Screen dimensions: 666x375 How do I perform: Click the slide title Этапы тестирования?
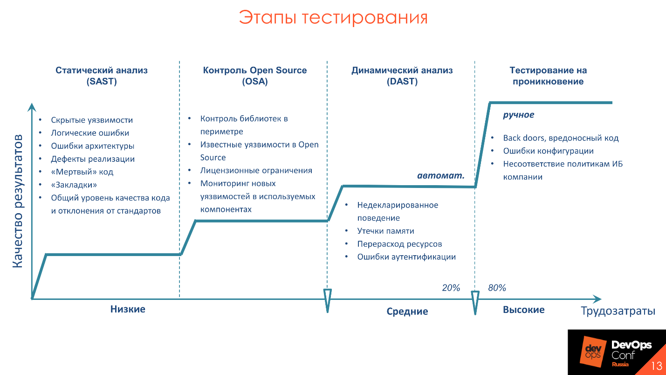coord(333,18)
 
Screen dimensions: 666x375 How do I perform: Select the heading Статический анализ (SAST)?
coord(102,76)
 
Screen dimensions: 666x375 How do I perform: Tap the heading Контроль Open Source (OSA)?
coord(254,76)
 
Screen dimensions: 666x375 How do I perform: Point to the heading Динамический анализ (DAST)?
coord(402,76)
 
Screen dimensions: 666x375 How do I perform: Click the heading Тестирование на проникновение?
coord(548,76)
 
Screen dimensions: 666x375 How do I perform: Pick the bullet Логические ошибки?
coord(90,133)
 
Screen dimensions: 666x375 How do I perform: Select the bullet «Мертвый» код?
coord(82,172)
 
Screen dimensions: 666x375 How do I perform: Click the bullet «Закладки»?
coord(74,185)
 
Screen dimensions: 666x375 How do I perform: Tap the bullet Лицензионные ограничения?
coord(256,171)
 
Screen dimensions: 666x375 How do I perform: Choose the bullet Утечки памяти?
coord(385,231)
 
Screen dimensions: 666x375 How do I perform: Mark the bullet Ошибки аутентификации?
coord(406,257)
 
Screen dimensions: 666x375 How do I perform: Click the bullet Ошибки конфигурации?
coord(548,151)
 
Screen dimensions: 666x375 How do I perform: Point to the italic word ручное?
coord(518,115)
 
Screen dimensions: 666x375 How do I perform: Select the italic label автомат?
coord(440,176)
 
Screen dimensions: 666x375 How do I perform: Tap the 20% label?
coord(451,288)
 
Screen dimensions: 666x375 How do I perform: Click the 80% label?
coord(497,288)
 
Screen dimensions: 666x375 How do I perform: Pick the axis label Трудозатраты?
coord(618,311)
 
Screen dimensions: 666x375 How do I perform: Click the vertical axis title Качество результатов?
coord(17,201)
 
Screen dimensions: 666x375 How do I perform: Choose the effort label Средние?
coord(407,312)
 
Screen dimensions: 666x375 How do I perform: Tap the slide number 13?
coord(656,366)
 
